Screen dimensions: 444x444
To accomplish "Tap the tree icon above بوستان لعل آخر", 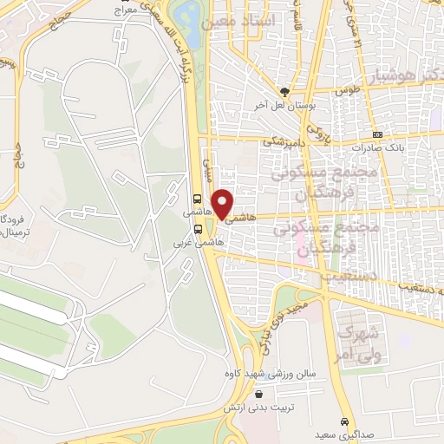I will click(284, 92).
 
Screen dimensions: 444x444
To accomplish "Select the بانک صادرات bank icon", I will click(377, 134).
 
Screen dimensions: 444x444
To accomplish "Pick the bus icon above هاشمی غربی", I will click(199, 230).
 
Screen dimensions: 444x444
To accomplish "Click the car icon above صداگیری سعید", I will click(345, 413).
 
